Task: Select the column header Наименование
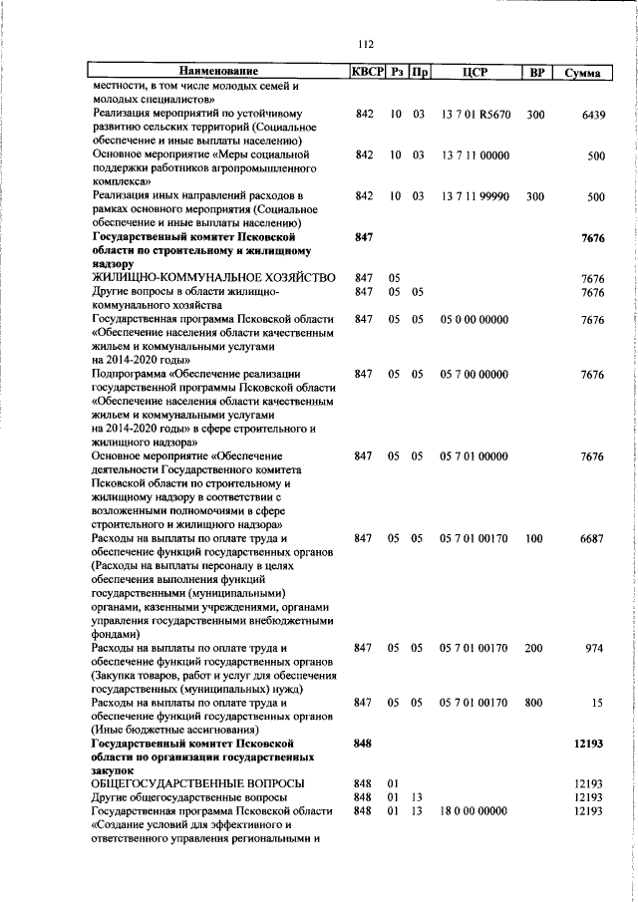click(x=218, y=72)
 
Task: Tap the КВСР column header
click(x=364, y=72)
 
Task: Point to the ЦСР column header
click(x=474, y=72)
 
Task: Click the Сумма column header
click(x=581, y=73)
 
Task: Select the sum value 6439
click(x=592, y=115)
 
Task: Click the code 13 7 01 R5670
click(x=475, y=115)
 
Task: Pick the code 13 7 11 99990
click(x=475, y=197)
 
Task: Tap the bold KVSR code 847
click(x=363, y=239)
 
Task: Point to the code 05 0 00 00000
click(x=474, y=319)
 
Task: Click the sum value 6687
click(x=592, y=538)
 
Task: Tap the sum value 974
click(x=595, y=648)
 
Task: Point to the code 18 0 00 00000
click(x=474, y=811)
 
